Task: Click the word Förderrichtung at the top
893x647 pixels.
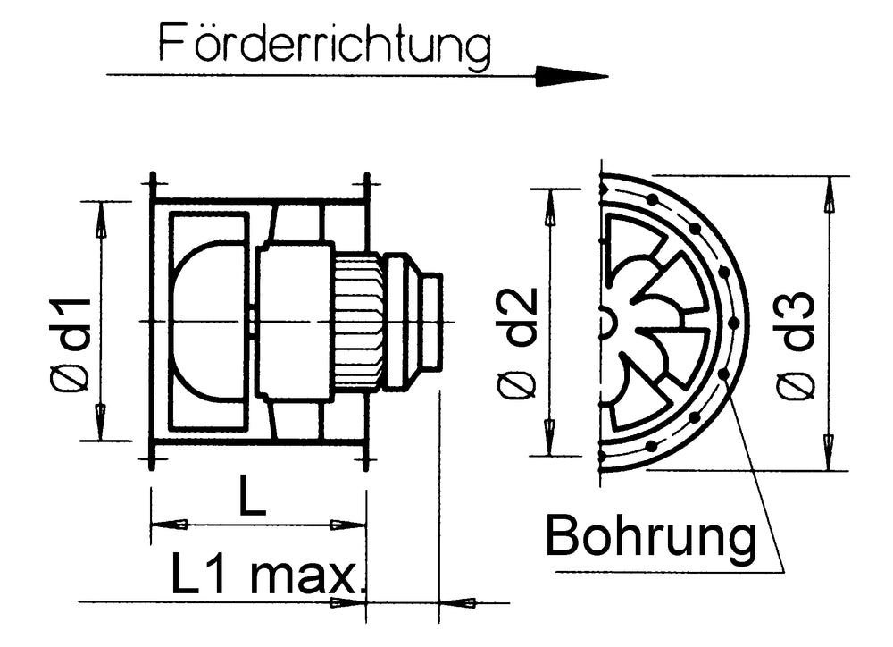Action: pyautogui.click(x=325, y=45)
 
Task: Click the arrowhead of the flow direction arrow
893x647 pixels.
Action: pyautogui.click(x=572, y=76)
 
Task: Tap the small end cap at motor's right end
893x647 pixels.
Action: pyautogui.click(x=431, y=321)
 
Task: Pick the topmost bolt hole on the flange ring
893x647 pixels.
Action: pyautogui.click(x=654, y=197)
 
